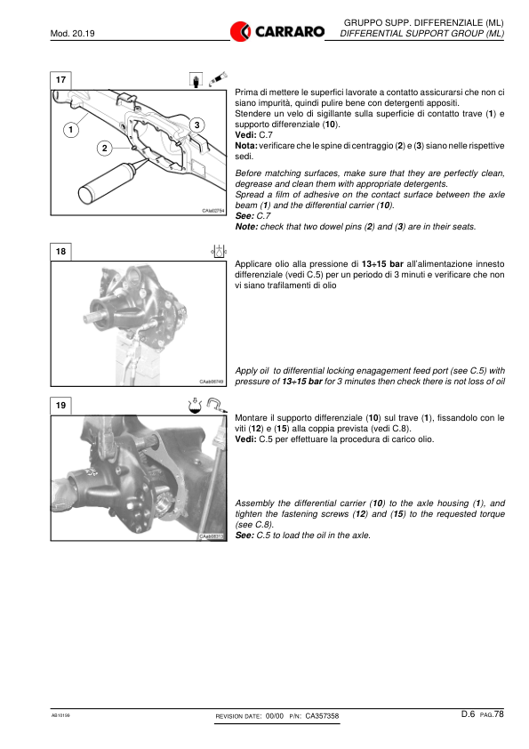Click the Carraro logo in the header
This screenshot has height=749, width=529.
(x=277, y=31)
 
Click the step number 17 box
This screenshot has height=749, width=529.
(x=60, y=80)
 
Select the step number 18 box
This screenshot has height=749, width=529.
(x=60, y=252)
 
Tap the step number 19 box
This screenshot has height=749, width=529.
(x=60, y=406)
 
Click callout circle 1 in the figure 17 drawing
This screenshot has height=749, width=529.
(x=71, y=130)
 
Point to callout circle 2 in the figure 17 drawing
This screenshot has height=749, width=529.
(x=105, y=148)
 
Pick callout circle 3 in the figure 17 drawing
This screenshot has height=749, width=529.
(x=196, y=125)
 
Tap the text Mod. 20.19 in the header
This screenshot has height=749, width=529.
(x=73, y=34)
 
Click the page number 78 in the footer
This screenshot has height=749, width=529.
(x=499, y=714)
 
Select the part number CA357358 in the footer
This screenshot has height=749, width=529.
(x=322, y=716)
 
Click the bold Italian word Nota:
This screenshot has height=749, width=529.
(x=246, y=146)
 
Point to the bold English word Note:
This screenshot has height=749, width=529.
(x=246, y=227)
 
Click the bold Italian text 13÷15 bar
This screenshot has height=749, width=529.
(x=382, y=264)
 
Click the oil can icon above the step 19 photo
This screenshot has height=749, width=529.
(x=196, y=406)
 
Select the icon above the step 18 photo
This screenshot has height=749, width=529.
(x=219, y=251)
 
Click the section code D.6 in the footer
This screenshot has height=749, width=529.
(x=468, y=714)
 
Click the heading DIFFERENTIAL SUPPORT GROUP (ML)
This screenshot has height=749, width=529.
(x=422, y=34)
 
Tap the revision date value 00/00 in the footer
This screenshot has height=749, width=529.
(x=275, y=716)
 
